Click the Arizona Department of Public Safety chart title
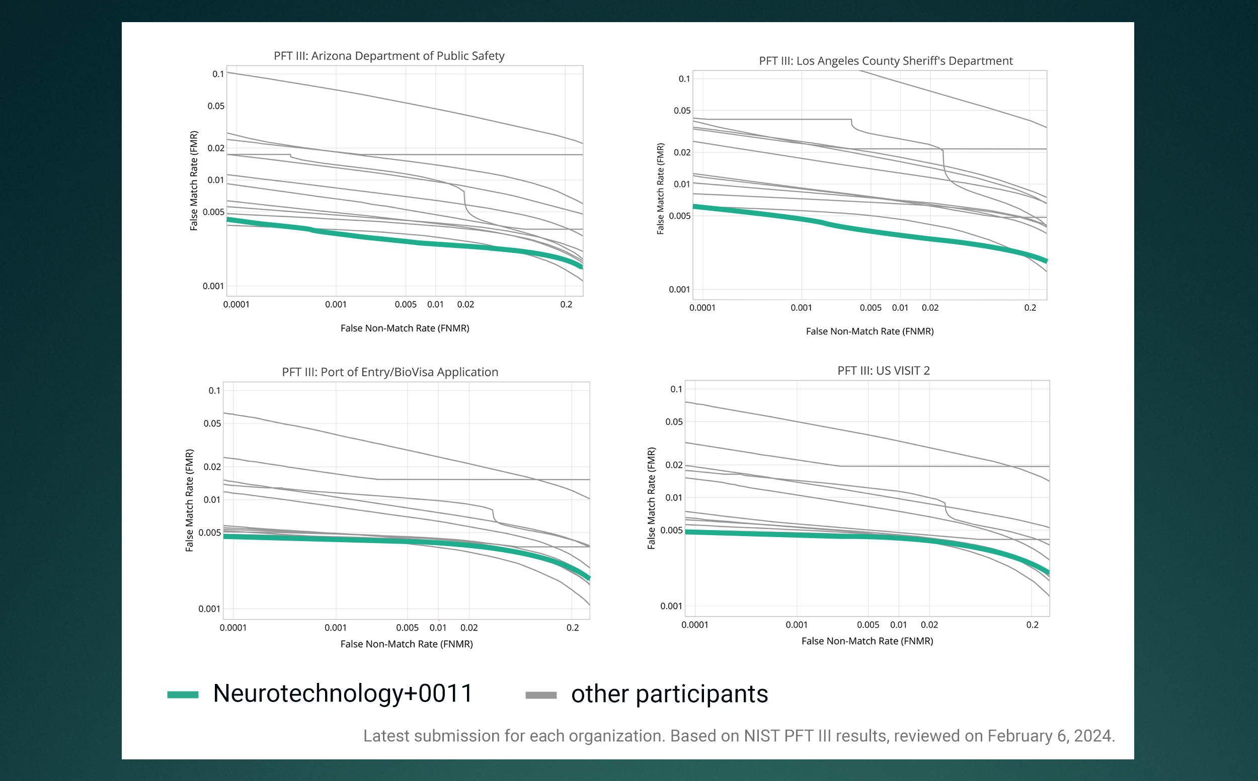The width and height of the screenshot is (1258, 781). pos(388,56)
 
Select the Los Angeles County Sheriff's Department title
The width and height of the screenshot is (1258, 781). pos(885,61)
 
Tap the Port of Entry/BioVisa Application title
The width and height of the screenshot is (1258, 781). pos(389,372)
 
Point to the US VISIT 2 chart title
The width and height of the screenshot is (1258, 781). pos(883,370)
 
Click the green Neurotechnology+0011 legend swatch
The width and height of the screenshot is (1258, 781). pos(183,695)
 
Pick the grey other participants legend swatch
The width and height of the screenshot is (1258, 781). pos(540,695)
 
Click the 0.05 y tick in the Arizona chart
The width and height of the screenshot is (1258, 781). pos(216,106)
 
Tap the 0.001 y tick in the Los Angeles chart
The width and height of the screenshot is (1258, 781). pos(679,289)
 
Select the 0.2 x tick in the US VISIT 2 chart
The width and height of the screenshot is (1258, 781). pos(1032,625)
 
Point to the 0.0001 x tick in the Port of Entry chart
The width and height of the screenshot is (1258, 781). pos(233,628)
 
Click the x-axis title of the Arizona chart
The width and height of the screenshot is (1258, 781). pos(405,328)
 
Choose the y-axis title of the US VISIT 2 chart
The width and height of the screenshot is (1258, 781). pos(651,498)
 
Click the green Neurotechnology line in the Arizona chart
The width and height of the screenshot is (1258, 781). pos(414,242)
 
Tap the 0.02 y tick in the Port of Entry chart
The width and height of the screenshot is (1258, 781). pos(212,466)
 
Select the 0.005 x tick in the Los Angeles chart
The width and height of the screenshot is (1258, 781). pos(871,308)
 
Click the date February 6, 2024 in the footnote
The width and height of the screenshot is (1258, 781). pos(1051,736)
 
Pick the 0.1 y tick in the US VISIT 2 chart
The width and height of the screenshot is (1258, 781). pos(676,389)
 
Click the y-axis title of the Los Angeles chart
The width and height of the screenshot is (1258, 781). pos(660,189)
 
